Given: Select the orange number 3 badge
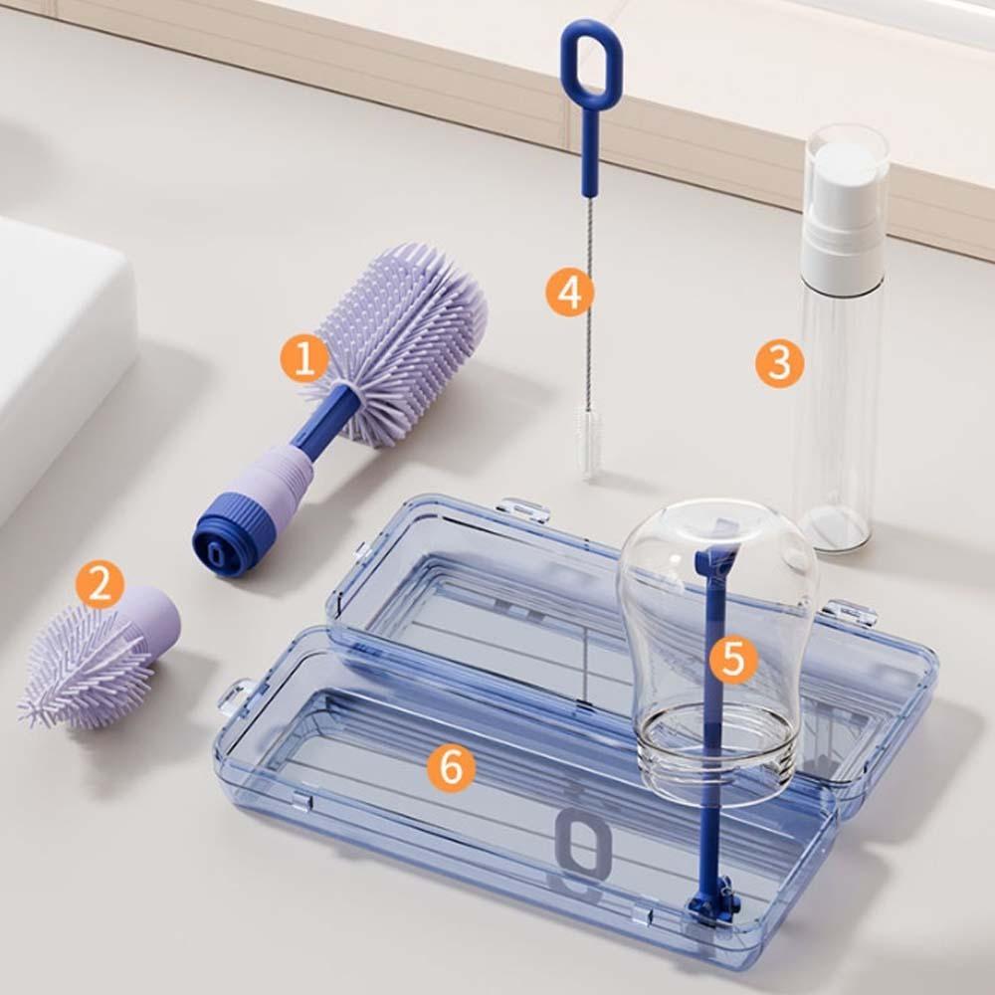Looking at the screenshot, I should click(779, 363).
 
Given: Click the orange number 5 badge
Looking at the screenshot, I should click(733, 659).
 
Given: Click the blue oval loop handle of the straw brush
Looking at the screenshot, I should click(591, 65).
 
